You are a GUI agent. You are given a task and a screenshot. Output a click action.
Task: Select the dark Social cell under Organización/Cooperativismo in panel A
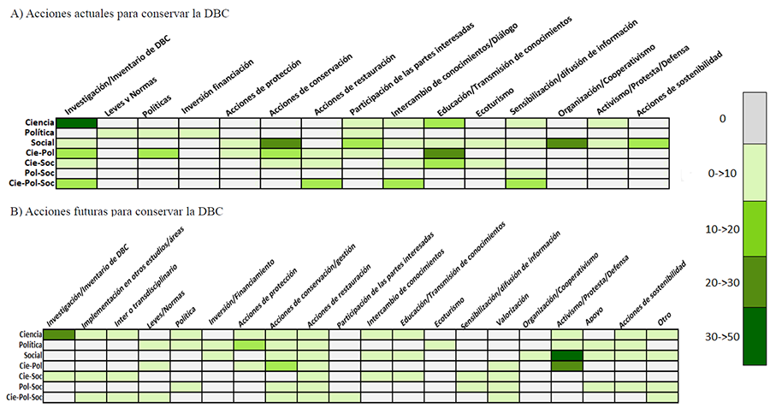(566, 143)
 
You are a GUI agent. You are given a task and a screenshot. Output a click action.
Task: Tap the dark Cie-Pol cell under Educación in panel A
(444, 153)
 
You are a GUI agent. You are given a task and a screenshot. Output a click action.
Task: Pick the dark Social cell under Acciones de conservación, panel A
(281, 143)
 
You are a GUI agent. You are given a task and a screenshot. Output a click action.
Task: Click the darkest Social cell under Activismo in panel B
(567, 355)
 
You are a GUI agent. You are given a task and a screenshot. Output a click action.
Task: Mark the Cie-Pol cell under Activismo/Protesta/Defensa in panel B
(567, 365)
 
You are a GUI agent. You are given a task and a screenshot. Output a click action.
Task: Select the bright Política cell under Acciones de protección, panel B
(249, 345)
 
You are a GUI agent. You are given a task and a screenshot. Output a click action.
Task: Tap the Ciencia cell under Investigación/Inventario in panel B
(59, 334)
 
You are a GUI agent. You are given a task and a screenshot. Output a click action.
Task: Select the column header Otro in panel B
(664, 318)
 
